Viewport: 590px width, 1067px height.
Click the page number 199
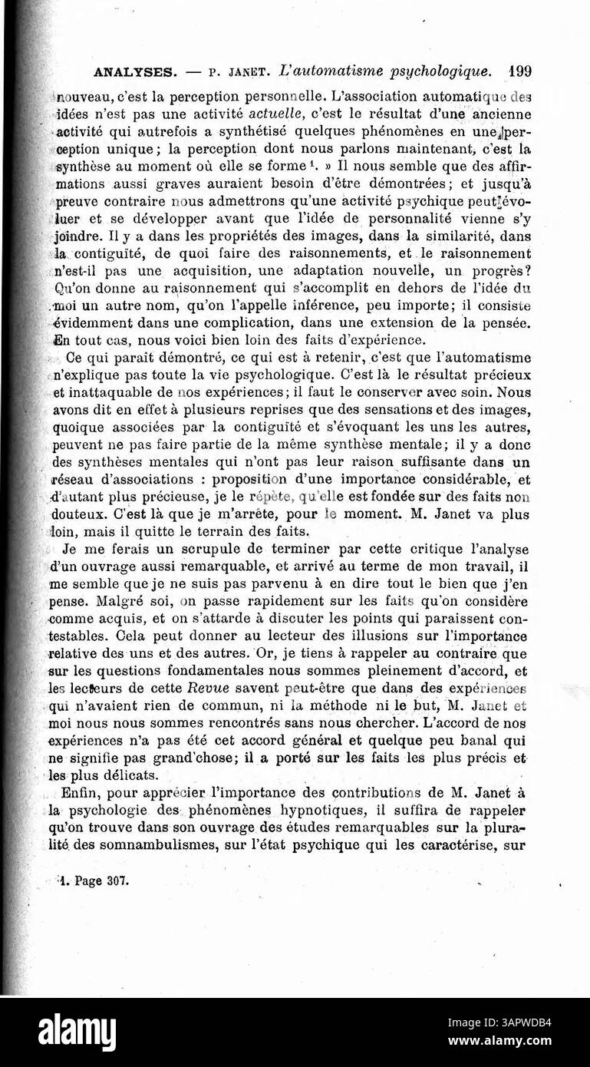click(519, 72)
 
